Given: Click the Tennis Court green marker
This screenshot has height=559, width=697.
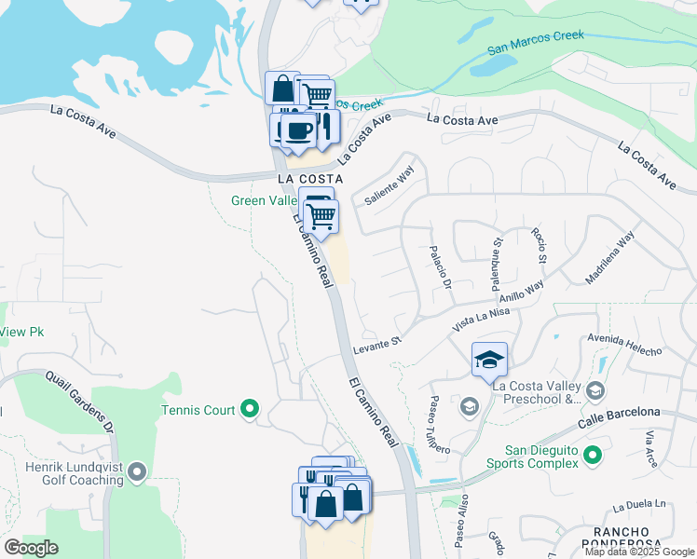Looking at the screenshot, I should click(250, 409).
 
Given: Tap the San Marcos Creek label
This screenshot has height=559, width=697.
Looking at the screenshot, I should click(536, 41).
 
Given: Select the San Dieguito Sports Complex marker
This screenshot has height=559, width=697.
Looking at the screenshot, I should click(592, 456).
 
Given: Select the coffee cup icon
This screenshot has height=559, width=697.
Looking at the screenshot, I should click(297, 130).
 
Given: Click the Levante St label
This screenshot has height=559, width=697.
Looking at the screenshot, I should click(376, 346).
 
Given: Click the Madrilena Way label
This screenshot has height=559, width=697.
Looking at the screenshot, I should click(610, 257).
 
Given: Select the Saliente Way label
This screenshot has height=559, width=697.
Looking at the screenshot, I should click(389, 188).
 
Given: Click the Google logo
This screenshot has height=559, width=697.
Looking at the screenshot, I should click(32, 548).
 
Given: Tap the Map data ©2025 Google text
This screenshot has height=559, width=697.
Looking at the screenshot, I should click(639, 552).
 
